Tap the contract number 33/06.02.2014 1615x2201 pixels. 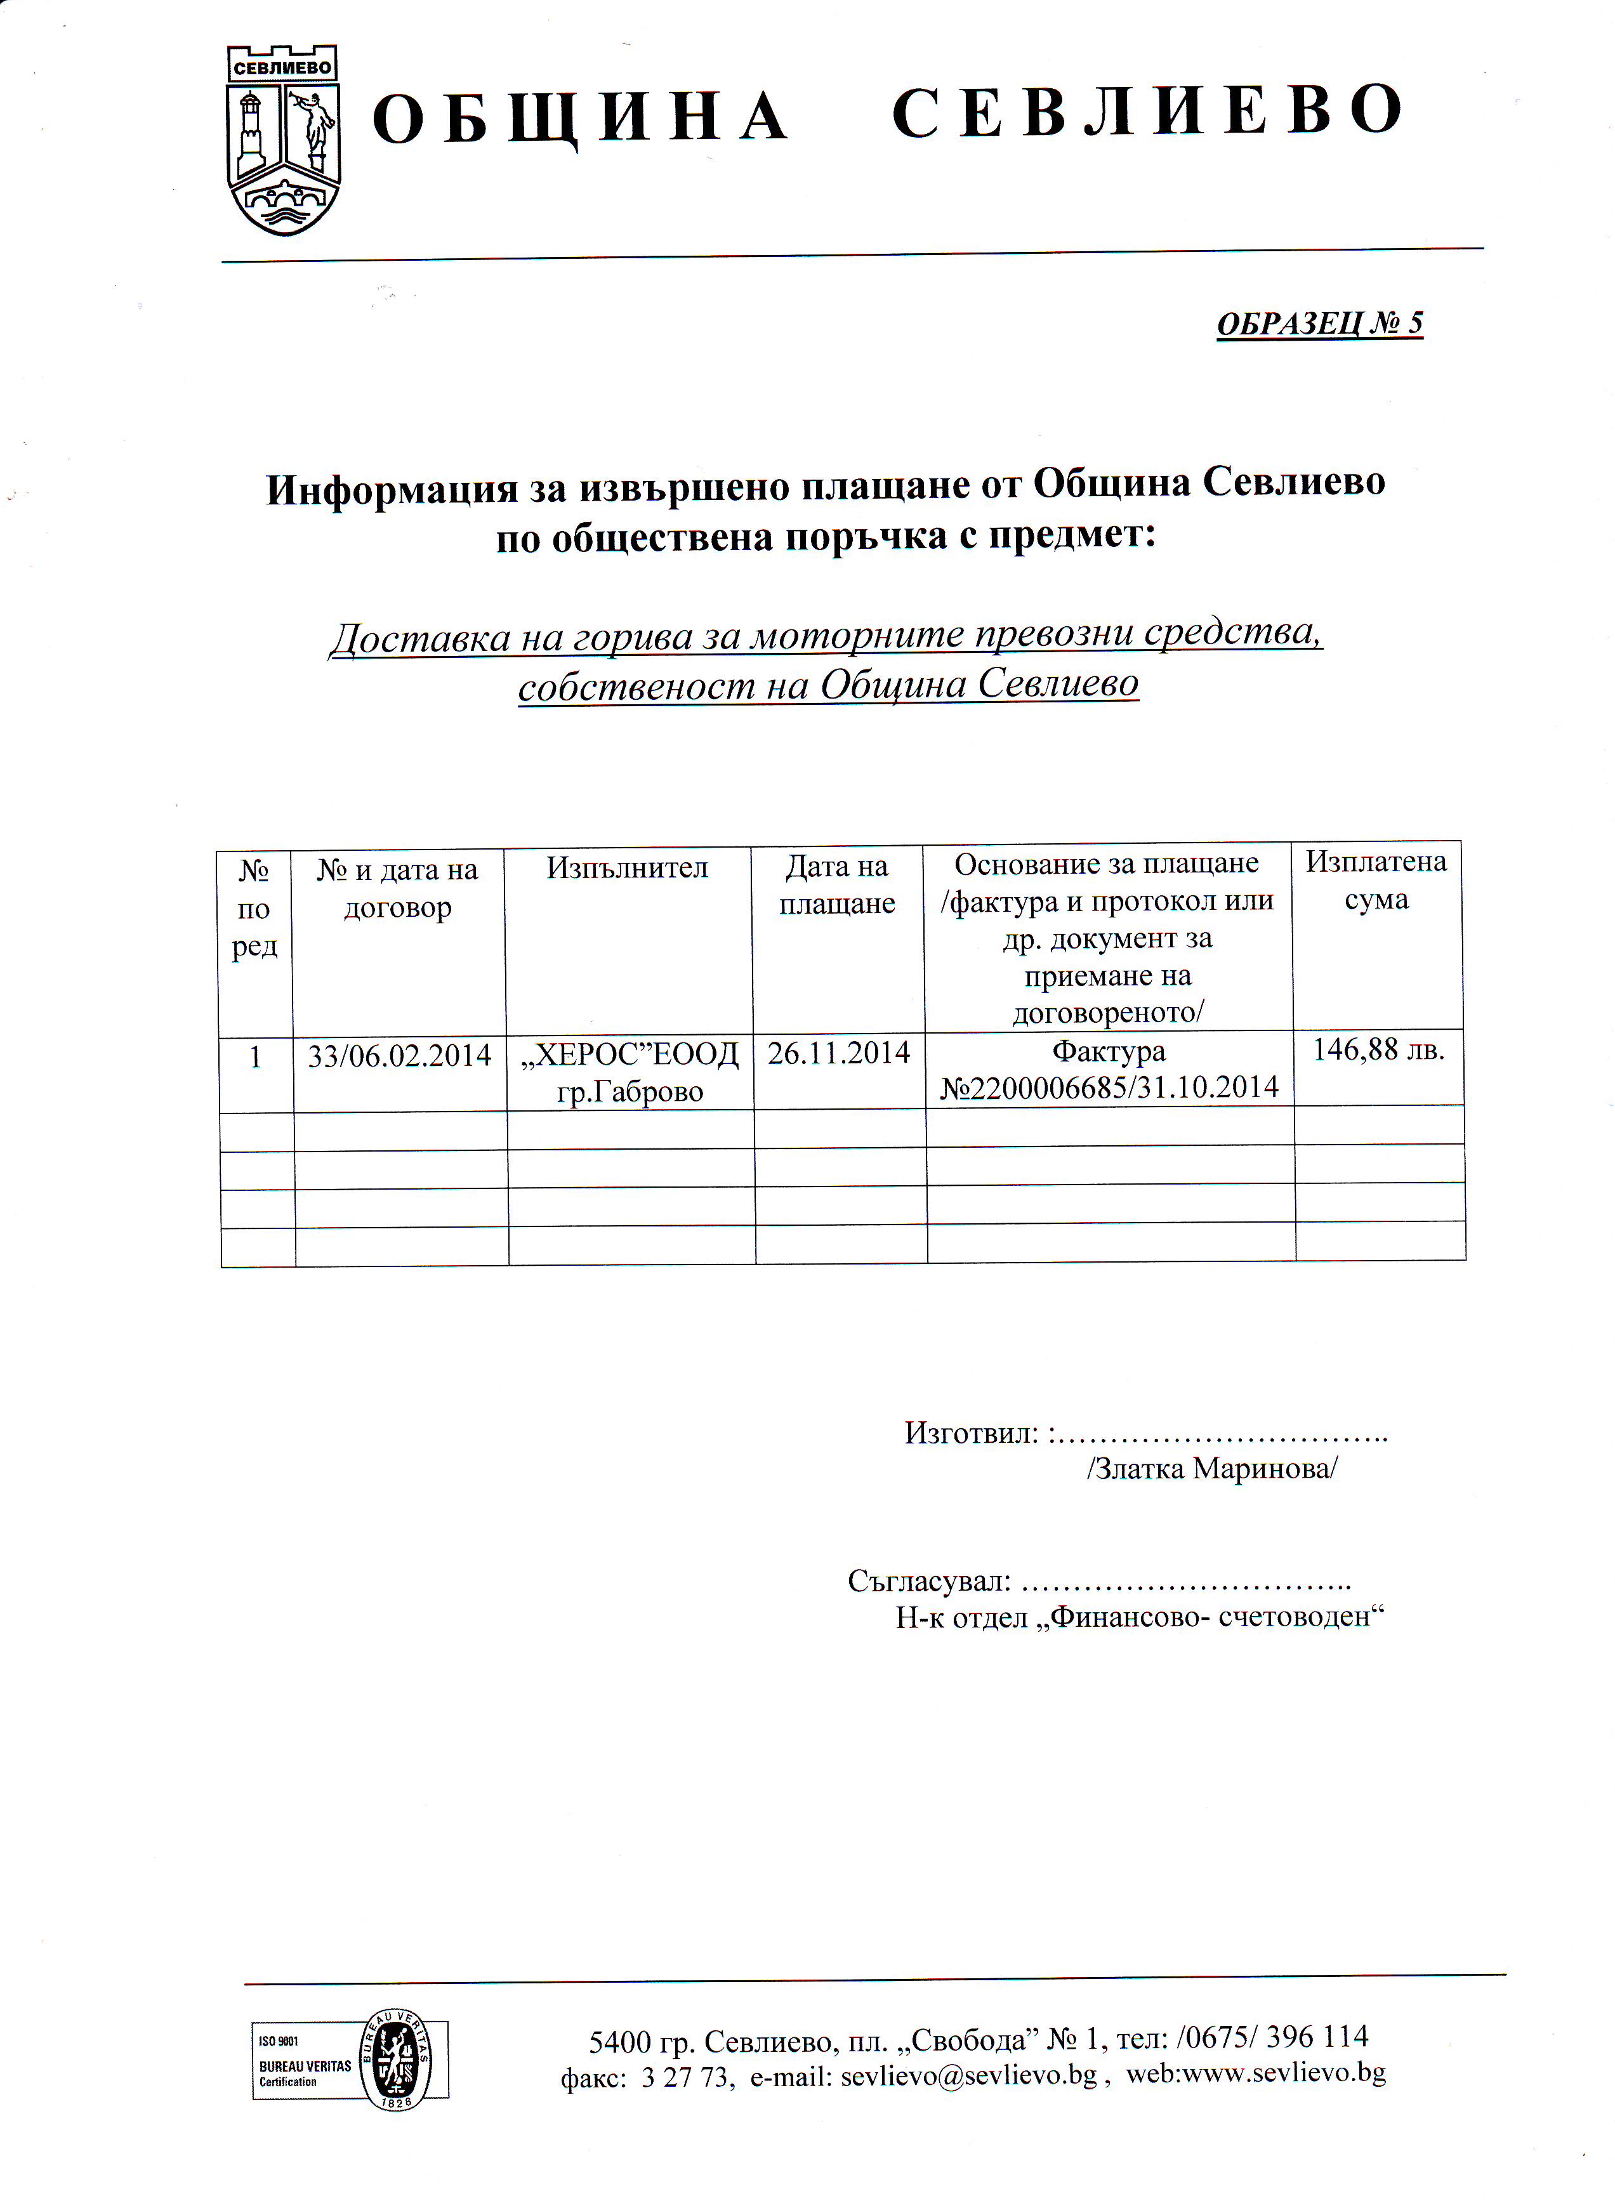pos(399,1056)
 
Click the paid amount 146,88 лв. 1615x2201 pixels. pos(1378,1049)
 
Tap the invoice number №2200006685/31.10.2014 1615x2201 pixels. pos(1109,1087)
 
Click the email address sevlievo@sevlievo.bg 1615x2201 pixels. pos(968,2075)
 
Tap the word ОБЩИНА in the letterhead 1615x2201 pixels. pos(580,117)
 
